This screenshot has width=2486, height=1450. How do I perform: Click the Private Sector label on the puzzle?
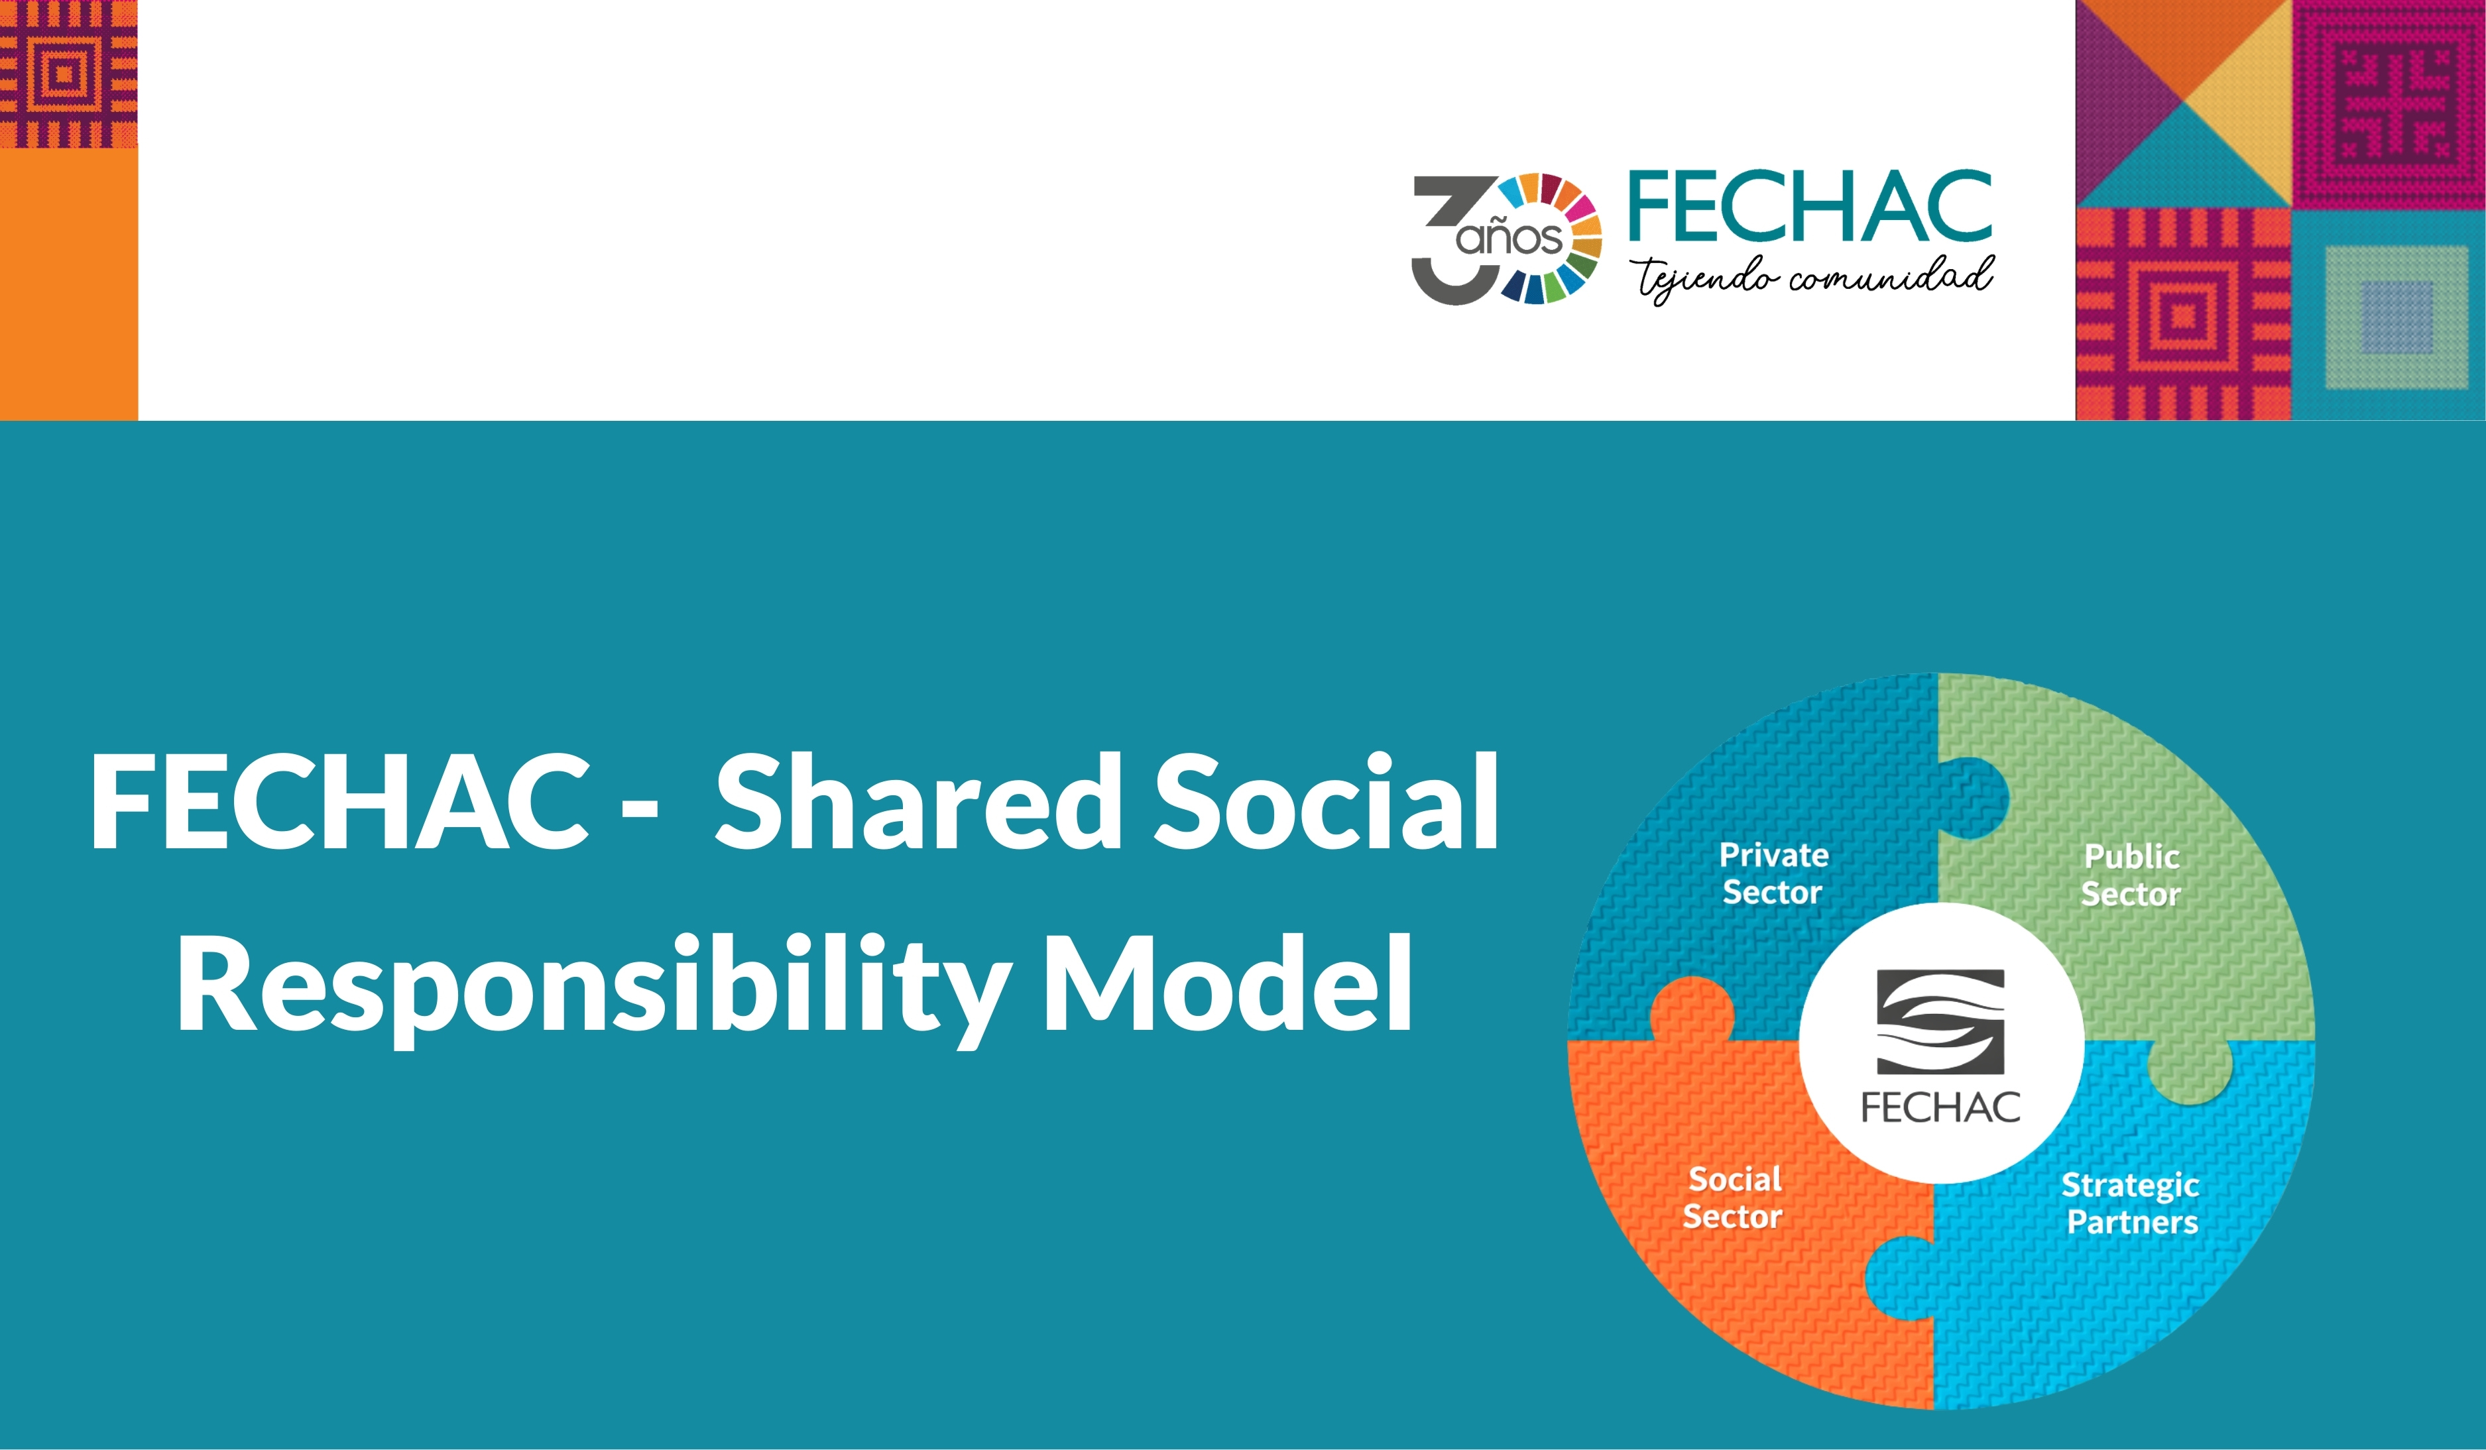[x=1773, y=873]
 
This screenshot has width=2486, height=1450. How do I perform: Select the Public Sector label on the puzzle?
[x=2131, y=875]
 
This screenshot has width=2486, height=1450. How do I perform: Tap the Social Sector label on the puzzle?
[x=1734, y=1198]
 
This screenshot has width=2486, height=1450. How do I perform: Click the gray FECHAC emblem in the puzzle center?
[x=1940, y=1021]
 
